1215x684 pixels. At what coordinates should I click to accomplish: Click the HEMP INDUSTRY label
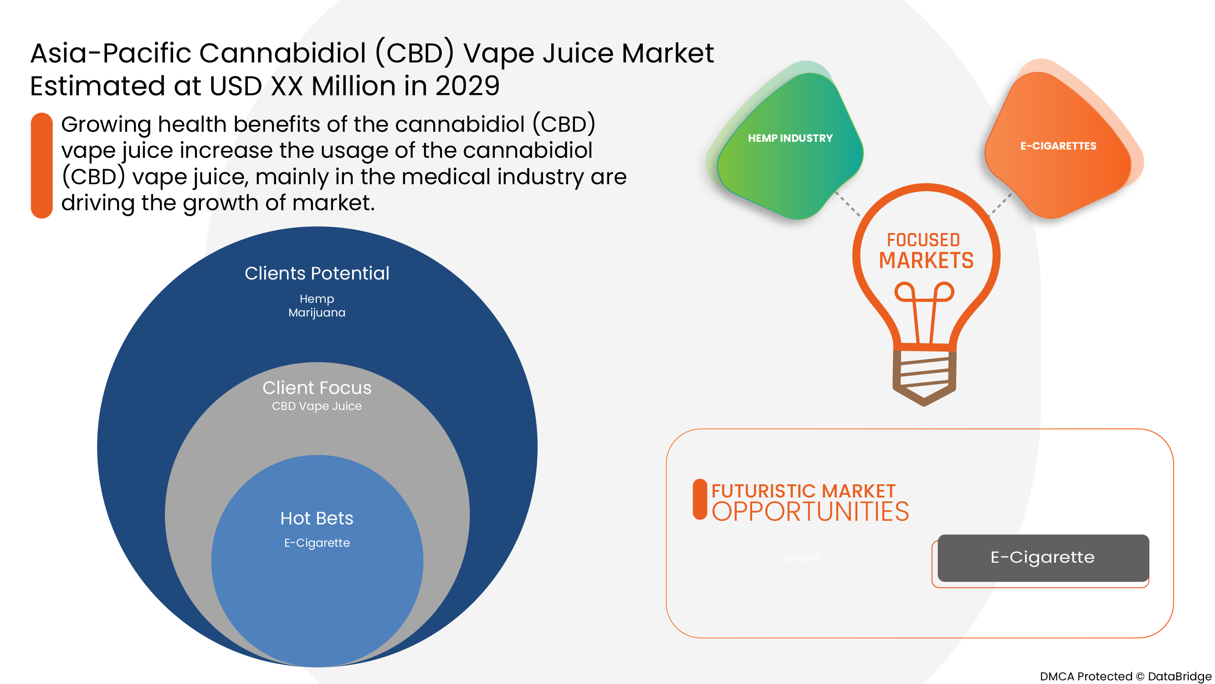click(x=790, y=138)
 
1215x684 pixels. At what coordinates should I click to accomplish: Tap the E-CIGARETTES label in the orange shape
click(x=1058, y=146)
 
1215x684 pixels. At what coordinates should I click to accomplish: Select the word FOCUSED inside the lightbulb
click(x=923, y=240)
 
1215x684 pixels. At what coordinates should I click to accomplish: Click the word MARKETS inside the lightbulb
click(x=926, y=260)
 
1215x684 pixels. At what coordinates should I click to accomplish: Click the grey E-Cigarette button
click(x=1043, y=558)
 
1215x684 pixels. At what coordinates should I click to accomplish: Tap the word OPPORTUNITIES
click(x=810, y=512)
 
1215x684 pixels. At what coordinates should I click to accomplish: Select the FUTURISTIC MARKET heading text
click(x=803, y=491)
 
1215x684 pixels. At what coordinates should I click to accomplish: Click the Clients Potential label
click(x=317, y=273)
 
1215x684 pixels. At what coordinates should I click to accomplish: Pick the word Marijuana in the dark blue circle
click(x=317, y=312)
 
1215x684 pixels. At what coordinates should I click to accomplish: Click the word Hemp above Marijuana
click(x=317, y=299)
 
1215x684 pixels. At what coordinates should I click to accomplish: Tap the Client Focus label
click(x=317, y=388)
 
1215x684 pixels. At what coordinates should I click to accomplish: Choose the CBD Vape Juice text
click(x=317, y=406)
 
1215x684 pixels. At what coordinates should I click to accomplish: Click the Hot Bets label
click(x=317, y=518)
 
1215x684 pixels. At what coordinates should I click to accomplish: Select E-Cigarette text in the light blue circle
click(x=317, y=543)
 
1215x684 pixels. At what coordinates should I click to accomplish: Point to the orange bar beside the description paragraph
click(x=41, y=165)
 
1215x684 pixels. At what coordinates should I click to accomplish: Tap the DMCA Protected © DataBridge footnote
click(x=1125, y=676)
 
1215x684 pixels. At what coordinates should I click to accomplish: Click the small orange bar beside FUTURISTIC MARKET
click(x=700, y=499)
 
